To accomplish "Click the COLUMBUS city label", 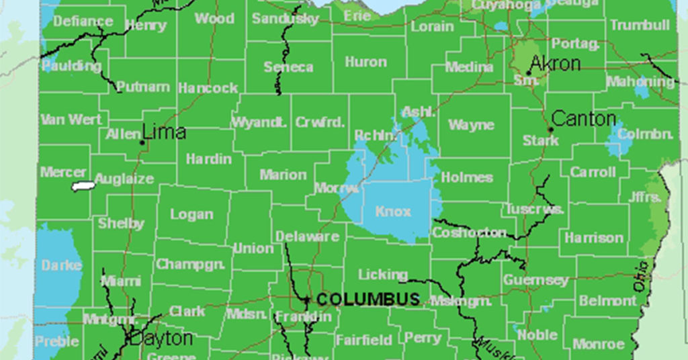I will pos(368,300).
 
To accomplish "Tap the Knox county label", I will pos(393,212).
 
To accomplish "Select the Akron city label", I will pos(555,64).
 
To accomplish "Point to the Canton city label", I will pos(583,120).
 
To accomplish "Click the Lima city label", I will pos(165,132).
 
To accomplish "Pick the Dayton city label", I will pos(161,338).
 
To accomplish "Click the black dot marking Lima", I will pos(142,142).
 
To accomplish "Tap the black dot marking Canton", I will pos(551,130).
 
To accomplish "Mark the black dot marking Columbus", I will pos(307,300).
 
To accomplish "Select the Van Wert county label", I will pos(71,120).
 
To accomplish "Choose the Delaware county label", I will pos(307,236).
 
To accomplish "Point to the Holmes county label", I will pos(467,178).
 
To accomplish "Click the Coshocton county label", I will pos(469,232).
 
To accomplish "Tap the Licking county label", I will pos(382,274).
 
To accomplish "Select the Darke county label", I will pos(61,265).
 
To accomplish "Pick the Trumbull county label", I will pos(640,26).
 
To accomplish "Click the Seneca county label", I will pos(288,66).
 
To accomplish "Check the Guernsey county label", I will pos(535,279).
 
